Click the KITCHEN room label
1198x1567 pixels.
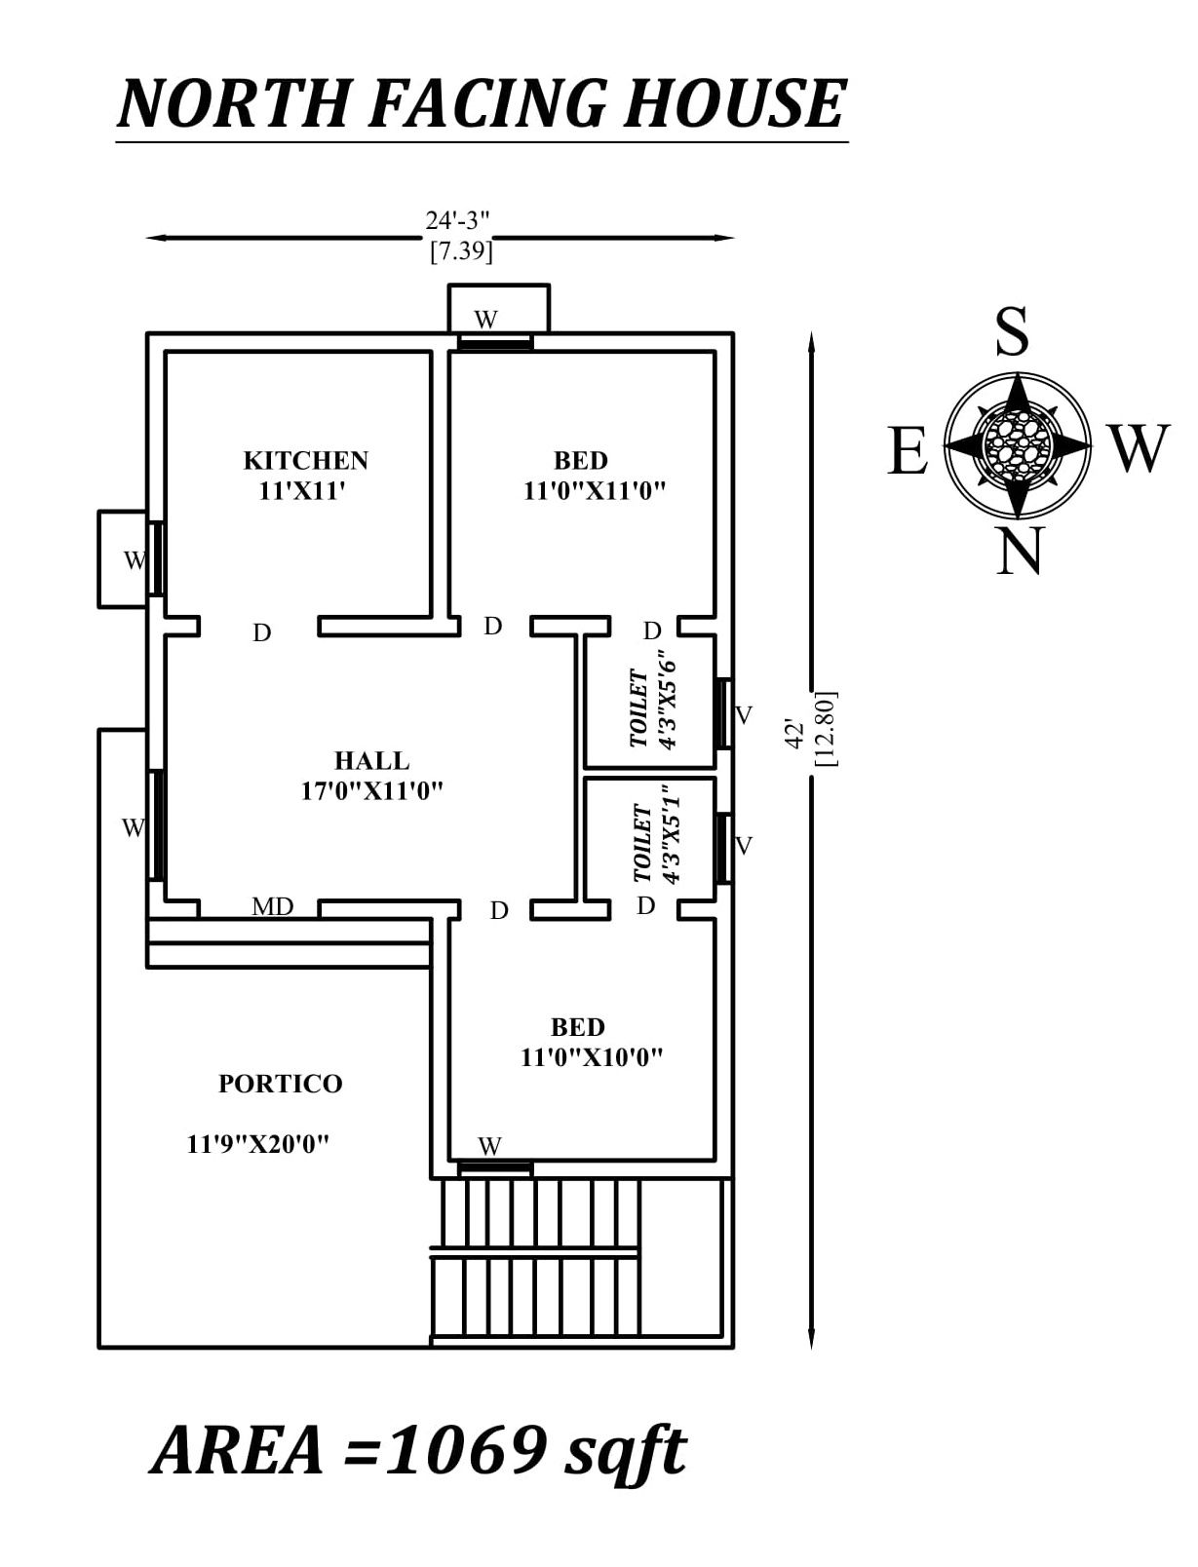305,460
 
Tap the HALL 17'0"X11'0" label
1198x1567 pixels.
371,776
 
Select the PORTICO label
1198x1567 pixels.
280,1084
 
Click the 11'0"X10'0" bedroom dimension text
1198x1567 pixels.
592,1057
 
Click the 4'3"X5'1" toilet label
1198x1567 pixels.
671,835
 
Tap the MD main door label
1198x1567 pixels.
272,907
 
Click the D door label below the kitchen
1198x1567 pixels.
261,633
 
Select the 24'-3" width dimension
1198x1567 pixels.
457,221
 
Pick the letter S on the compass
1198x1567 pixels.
1012,332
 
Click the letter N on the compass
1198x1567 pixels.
1020,552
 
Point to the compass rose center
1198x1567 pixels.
1018,443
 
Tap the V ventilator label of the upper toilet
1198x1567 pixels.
744,716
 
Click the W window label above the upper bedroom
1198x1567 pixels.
486,320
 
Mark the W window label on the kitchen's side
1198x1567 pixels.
135,560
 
